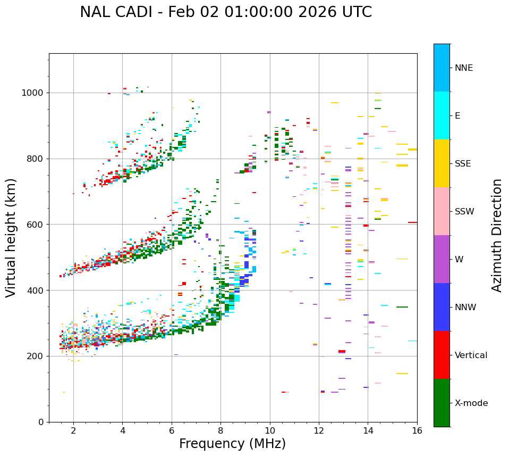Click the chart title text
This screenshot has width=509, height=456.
(x=226, y=12)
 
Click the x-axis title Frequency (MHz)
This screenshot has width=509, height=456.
(x=232, y=444)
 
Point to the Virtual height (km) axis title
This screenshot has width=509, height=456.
(x=11, y=237)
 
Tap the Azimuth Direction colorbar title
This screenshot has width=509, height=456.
(x=497, y=235)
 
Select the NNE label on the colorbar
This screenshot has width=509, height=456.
(x=463, y=68)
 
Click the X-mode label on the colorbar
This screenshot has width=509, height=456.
(x=471, y=403)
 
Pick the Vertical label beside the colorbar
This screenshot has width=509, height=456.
(x=471, y=355)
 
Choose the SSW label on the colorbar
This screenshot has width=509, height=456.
(x=464, y=212)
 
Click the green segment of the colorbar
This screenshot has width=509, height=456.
(x=442, y=403)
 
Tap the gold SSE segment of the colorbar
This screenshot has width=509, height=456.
(x=442, y=163)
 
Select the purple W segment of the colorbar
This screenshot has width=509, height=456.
(x=442, y=259)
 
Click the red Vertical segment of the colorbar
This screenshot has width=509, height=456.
(x=442, y=355)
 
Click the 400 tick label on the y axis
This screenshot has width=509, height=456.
(x=37, y=291)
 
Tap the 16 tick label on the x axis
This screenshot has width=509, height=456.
(x=417, y=430)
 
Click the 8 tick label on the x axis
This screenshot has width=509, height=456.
(x=220, y=430)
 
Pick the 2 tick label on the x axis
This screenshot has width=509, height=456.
(x=73, y=430)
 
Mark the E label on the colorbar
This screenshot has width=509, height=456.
(x=457, y=116)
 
